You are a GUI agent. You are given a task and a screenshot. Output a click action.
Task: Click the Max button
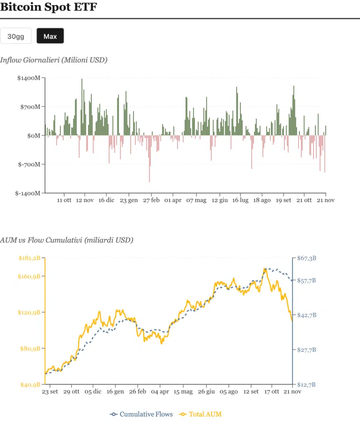50,36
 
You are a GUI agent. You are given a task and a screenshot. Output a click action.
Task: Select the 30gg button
16,36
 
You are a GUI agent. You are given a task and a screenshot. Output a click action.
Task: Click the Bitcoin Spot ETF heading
48,7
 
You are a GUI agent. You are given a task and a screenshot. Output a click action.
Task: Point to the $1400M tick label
29,78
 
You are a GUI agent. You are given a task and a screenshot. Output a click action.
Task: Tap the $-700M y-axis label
30,164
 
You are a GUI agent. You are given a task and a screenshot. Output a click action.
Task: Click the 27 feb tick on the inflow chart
151,200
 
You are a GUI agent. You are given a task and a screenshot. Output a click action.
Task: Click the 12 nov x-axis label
85,200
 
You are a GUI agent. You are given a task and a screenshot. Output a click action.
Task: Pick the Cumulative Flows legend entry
142,414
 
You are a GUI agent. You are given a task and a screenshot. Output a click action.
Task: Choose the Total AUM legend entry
201,414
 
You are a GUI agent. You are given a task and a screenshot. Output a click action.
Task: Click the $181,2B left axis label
30,258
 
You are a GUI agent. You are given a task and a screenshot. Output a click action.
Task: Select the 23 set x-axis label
50,392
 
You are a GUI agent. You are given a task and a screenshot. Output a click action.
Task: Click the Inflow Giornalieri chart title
54,60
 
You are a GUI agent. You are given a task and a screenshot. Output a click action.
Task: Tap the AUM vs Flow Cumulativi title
67,240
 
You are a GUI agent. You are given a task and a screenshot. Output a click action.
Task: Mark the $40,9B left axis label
30,385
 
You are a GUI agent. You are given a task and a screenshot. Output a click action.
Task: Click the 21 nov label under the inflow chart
326,200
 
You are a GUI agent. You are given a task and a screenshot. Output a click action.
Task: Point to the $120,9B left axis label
30,312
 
